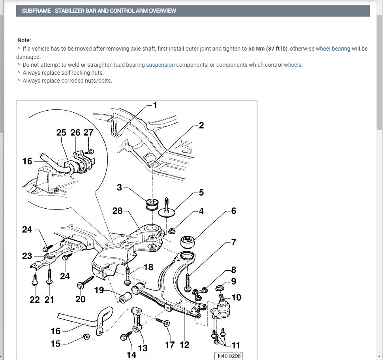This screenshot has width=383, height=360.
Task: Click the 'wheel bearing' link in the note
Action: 333,49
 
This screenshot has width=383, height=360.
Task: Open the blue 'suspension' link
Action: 160,65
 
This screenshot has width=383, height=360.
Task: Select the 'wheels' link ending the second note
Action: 293,65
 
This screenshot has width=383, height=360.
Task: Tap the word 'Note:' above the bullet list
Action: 24,40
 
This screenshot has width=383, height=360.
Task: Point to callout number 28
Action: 117,211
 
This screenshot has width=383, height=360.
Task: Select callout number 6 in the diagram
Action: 234,211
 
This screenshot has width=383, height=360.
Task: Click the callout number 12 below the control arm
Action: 184,344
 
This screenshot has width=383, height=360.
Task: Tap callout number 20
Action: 80,299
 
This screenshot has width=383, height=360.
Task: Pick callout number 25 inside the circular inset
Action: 61,133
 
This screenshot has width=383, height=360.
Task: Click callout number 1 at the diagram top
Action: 155,105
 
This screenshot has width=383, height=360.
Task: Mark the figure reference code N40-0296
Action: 229,356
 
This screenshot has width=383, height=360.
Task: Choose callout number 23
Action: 27,256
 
